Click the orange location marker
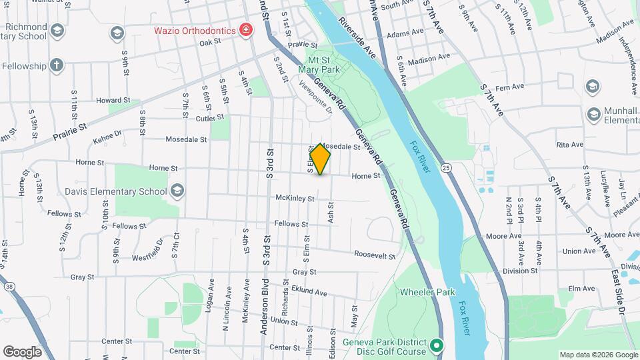tap(321, 159)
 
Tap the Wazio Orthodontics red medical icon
tap(246, 31)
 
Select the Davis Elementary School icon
tap(177, 191)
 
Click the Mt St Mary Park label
tap(324, 64)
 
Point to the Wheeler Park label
tap(427, 292)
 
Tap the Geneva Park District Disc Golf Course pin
tap(436, 345)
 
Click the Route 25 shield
tap(446, 166)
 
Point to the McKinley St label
tap(295, 198)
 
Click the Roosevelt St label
tap(375, 255)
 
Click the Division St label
tap(520, 271)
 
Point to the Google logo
tap(22, 351)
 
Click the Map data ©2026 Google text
tap(598, 354)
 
